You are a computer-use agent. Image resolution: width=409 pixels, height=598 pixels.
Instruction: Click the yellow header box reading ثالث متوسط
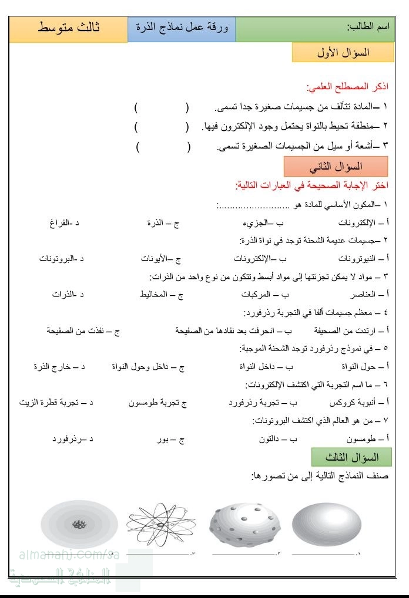click(68, 29)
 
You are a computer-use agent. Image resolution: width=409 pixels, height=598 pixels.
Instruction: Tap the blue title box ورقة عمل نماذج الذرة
click(182, 29)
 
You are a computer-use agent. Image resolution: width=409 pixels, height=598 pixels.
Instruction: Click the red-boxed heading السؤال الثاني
click(336, 167)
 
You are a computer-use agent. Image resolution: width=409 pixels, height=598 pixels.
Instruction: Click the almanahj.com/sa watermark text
click(61, 554)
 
